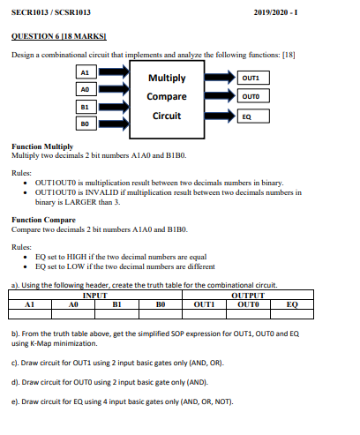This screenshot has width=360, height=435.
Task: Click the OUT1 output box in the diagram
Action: (x=251, y=79)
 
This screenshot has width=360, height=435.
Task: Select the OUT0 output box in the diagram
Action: (x=251, y=96)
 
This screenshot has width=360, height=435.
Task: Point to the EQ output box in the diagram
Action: (x=251, y=116)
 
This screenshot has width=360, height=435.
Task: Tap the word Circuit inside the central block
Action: (x=167, y=115)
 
